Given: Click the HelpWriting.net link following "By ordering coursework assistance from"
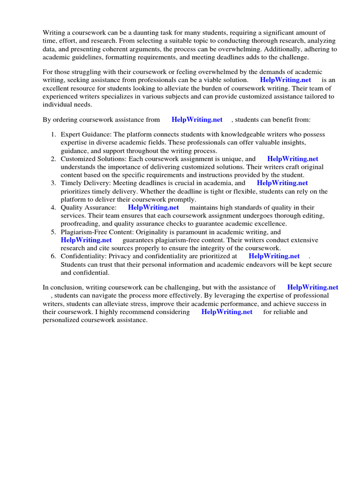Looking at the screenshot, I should coord(197,120).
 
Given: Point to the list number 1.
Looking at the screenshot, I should coord(53,135).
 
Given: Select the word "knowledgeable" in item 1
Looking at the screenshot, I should coord(233,135).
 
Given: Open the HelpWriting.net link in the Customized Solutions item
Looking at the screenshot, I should coord(292,159).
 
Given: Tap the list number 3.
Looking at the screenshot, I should coord(53,183).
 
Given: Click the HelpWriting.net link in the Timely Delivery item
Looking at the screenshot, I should coord(282,183).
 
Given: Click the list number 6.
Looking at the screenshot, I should coord(53,256).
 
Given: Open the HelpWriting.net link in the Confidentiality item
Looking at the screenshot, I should coord(274,256).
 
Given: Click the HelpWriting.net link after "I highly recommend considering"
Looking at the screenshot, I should coord(227,312).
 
